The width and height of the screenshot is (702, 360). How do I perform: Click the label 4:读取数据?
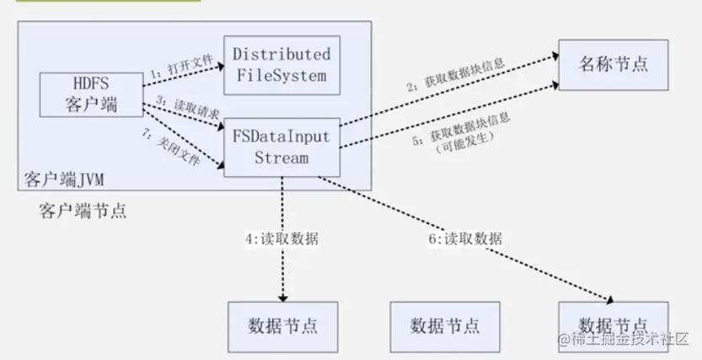click(282, 239)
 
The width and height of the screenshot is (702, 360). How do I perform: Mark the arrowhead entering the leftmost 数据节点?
click(282, 296)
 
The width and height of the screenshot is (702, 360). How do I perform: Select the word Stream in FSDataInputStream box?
click(281, 157)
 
